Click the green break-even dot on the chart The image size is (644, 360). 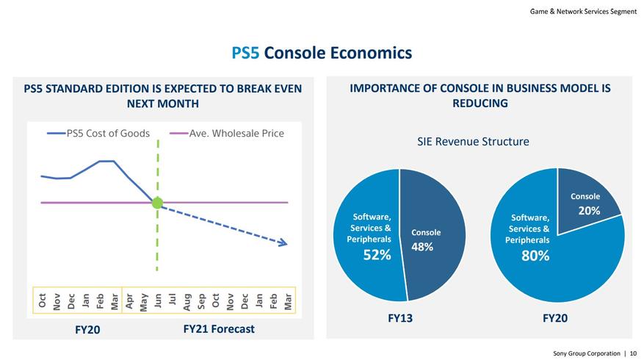point(157,203)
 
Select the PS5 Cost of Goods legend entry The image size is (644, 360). point(98,134)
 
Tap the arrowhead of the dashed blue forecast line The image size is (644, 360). point(284,242)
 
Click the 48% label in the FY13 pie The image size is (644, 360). point(422,247)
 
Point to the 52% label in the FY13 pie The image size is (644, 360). point(377,255)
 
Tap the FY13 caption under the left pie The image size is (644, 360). point(399,318)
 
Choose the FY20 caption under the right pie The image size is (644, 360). point(555,318)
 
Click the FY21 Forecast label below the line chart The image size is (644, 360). point(219,328)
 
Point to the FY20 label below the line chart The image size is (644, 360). point(87,330)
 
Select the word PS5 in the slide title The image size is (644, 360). point(245,53)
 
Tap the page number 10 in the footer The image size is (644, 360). point(633,353)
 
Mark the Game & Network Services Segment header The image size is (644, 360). point(583,11)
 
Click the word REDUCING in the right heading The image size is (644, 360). point(480,104)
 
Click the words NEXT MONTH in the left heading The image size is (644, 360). point(163,104)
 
